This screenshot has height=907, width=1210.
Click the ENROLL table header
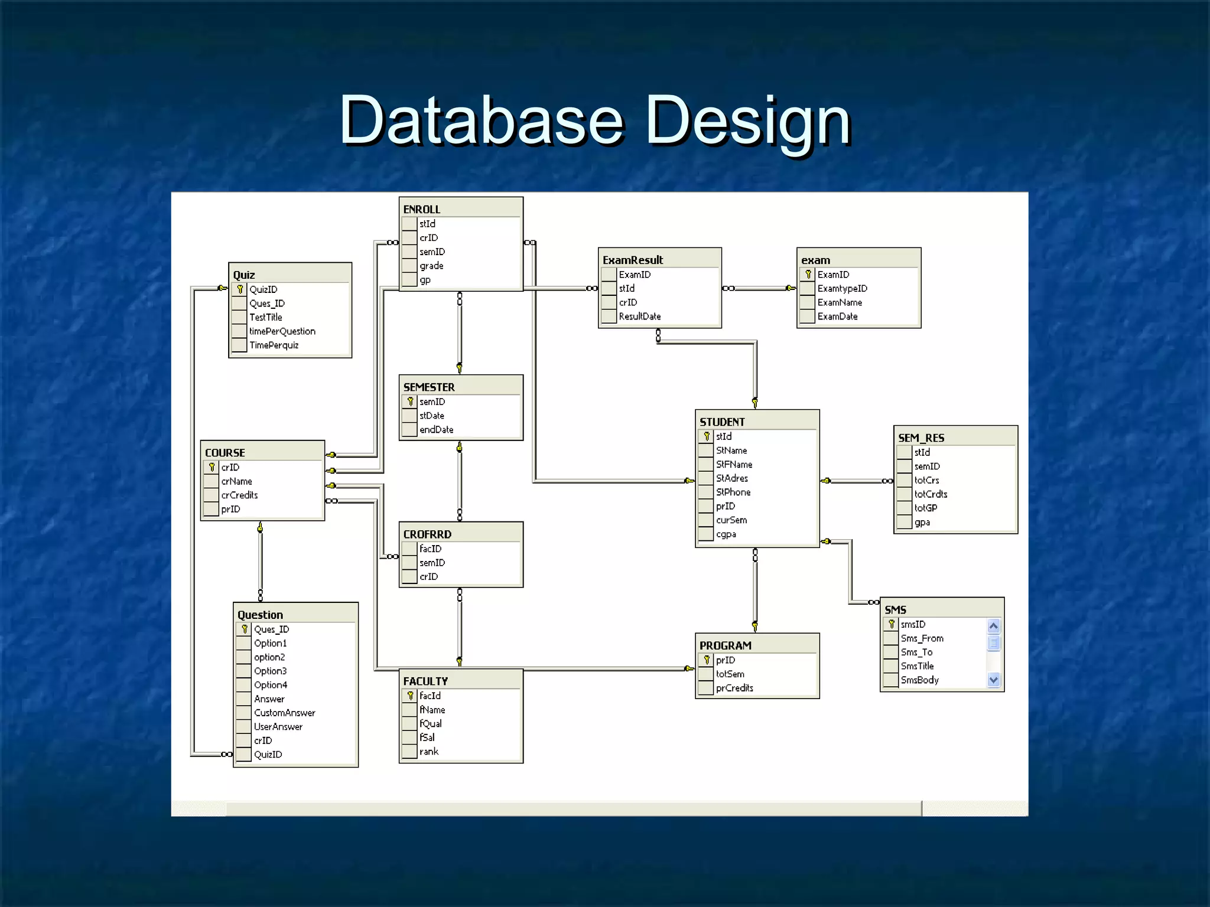point(422,210)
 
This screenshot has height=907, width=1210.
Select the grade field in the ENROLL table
point(431,266)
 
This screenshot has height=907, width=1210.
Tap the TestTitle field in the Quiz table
point(266,318)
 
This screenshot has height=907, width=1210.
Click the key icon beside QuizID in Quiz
point(240,289)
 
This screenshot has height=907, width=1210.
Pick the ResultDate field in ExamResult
point(640,317)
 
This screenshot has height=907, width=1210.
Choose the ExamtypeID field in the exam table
point(842,289)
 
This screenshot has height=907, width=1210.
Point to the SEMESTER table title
point(429,387)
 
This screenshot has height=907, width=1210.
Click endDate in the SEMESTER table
point(437,430)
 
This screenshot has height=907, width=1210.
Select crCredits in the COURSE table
point(239,495)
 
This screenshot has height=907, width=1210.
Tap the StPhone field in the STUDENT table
point(733,492)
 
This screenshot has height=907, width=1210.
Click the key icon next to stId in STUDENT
point(707,436)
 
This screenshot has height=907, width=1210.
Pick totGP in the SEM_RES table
point(926,508)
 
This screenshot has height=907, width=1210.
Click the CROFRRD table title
point(427,534)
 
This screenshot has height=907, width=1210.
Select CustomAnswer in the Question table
point(285,713)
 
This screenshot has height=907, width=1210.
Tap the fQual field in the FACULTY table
point(431,724)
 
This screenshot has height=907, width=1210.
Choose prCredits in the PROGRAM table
point(734,689)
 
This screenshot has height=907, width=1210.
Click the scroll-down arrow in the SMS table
point(994,680)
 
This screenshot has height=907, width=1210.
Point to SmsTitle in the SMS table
point(917,666)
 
